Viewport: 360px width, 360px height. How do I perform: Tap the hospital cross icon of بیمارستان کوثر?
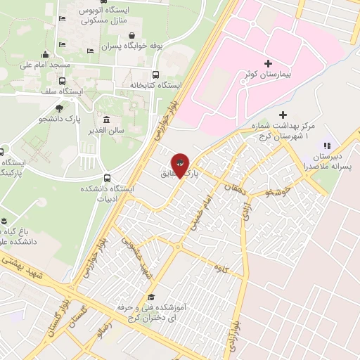[268, 63]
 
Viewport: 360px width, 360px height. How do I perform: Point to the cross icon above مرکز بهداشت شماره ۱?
[283, 115]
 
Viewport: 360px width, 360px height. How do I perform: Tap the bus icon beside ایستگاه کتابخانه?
[155, 75]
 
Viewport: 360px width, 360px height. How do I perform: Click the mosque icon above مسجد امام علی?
[46, 54]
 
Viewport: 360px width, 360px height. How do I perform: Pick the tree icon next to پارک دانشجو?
[60, 109]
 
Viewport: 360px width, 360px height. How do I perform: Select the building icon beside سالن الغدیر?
[106, 120]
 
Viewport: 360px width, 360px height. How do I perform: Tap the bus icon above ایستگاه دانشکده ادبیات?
[107, 178]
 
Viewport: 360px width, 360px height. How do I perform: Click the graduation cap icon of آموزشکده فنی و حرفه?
[152, 297]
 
